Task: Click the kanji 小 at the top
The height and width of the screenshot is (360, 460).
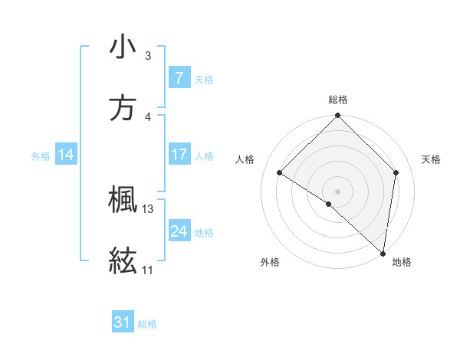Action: click(x=123, y=47)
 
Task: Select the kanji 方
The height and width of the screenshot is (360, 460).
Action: click(x=123, y=109)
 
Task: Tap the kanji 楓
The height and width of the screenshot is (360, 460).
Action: click(x=123, y=201)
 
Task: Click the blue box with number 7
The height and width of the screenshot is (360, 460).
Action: click(x=179, y=78)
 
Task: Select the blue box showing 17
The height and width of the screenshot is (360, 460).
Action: click(x=179, y=155)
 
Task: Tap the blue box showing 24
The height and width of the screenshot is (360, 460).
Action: click(x=179, y=232)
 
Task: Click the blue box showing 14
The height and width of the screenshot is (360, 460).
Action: click(x=66, y=155)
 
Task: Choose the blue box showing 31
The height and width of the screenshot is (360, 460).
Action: click(x=123, y=322)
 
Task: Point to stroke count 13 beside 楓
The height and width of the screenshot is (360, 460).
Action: click(x=148, y=209)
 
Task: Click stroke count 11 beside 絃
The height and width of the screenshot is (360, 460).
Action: click(x=148, y=270)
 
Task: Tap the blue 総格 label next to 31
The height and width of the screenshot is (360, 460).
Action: click(x=147, y=324)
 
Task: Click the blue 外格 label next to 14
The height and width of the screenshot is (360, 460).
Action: click(x=41, y=156)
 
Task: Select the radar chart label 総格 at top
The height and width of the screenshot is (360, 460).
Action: click(x=338, y=100)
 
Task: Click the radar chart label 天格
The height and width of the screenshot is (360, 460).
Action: click(x=431, y=159)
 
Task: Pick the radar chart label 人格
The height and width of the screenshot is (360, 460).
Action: click(x=245, y=159)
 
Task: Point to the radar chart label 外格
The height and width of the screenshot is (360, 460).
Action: click(x=270, y=262)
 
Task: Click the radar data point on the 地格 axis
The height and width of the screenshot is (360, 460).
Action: click(x=383, y=253)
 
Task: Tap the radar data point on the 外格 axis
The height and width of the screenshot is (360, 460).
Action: click(x=329, y=204)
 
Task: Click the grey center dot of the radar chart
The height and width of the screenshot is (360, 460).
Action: click(x=338, y=191)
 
